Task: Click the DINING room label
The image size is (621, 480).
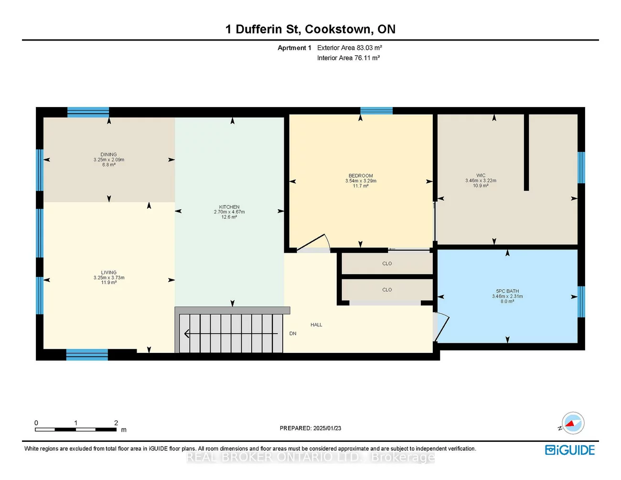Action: (108, 155)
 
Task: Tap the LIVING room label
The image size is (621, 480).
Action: (108, 273)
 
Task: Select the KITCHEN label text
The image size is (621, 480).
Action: (229, 207)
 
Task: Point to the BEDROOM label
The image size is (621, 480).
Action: (361, 176)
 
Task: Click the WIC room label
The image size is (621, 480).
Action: (481, 175)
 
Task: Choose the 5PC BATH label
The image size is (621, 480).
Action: (507, 291)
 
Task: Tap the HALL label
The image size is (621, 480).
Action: (316, 325)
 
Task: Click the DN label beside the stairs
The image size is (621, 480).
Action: (293, 333)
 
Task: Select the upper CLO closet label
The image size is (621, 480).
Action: (387, 264)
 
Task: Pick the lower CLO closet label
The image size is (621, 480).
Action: (387, 290)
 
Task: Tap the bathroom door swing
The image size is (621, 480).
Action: (442, 327)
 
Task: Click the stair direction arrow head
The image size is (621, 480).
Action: (187, 333)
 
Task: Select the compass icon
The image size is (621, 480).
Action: (572, 423)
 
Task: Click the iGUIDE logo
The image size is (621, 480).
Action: (570, 450)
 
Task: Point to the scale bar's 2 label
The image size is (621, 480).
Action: (116, 423)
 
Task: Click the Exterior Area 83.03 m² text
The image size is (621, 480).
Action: (350, 48)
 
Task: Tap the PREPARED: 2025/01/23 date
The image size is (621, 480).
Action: (310, 428)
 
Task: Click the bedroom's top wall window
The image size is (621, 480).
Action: (376, 111)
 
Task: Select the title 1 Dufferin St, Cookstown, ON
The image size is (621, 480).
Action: (310, 29)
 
